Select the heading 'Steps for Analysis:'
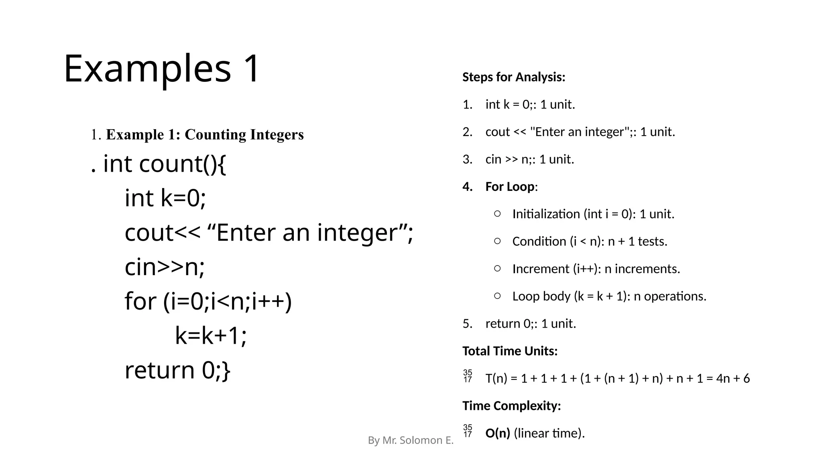click(513, 77)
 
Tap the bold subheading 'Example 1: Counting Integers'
click(205, 135)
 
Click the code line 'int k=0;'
click(165, 198)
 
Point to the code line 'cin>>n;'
click(165, 267)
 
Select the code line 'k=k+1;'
click(211, 336)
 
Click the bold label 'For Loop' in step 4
click(510, 187)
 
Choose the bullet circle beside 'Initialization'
click(497, 214)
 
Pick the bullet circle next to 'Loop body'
click(497, 296)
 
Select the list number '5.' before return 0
click(467, 324)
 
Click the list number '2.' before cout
click(467, 132)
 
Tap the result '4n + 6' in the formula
click(733, 379)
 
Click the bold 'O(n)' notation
click(497, 433)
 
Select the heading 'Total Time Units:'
click(510, 351)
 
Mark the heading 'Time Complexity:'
click(511, 406)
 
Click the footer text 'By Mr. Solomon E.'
click(411, 440)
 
